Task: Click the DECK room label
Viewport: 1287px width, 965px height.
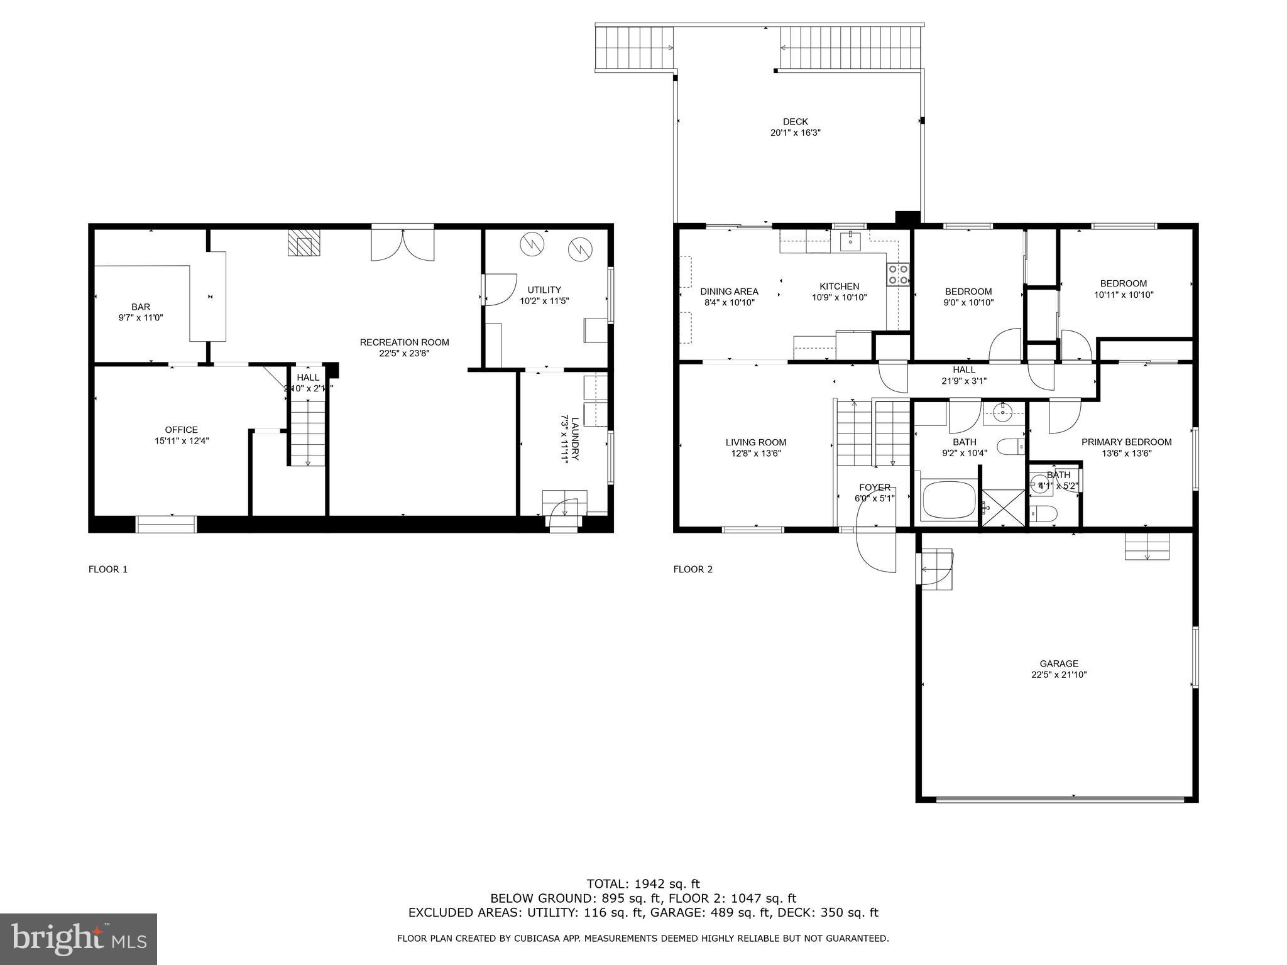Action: point(795,122)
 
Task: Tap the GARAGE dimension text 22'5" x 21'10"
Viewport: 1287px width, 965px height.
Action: point(1058,675)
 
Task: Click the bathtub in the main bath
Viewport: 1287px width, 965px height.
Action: point(948,500)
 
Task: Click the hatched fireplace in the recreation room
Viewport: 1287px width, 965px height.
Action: point(304,243)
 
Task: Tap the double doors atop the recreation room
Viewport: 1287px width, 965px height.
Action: point(402,244)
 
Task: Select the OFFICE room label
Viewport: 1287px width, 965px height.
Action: point(182,430)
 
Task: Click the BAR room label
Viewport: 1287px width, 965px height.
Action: point(141,307)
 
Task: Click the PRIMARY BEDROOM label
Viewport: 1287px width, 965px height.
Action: point(1125,442)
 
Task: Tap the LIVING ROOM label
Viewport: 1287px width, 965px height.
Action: point(755,442)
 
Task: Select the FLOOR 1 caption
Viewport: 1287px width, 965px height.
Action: point(107,569)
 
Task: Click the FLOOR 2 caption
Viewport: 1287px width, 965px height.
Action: point(693,569)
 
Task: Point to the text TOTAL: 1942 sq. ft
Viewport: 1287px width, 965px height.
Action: point(643,883)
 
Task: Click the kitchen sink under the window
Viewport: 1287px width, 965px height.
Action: point(850,239)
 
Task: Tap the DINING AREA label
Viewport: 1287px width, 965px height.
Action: point(729,292)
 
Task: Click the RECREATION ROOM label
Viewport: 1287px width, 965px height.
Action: point(404,342)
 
